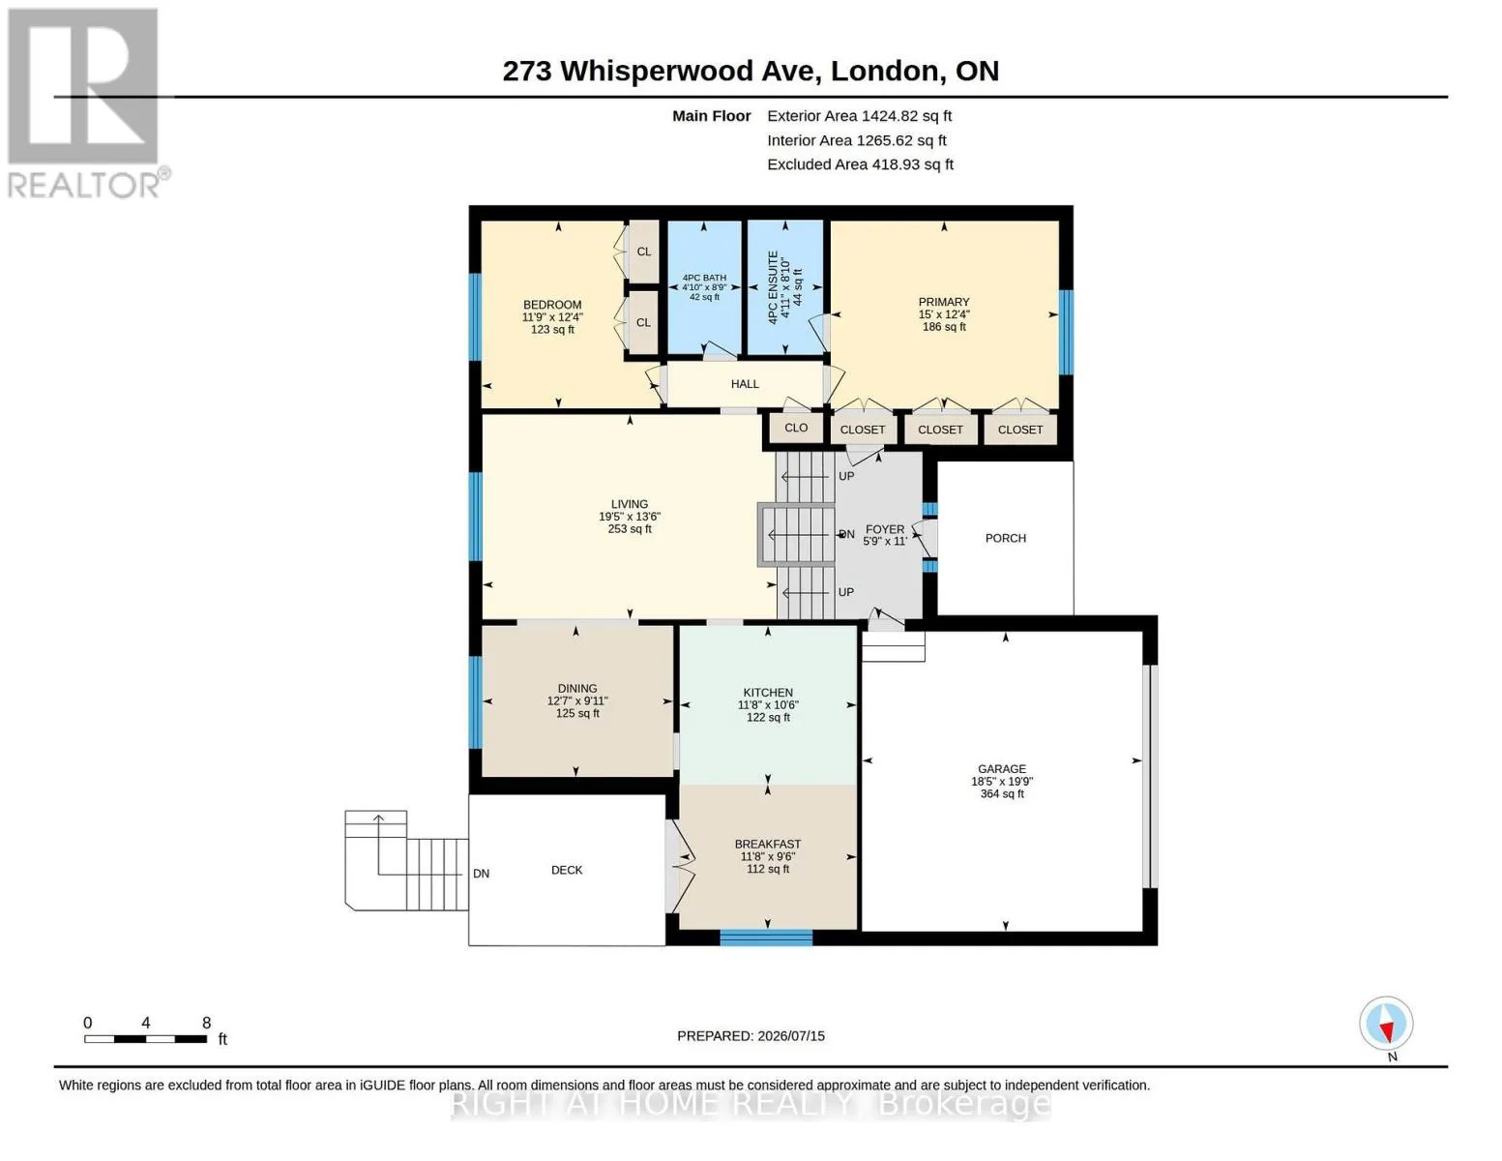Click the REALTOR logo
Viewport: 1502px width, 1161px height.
pyautogui.click(x=87, y=104)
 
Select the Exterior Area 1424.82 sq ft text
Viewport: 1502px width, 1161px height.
pyautogui.click(x=859, y=116)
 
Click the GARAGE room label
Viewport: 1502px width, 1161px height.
pyautogui.click(x=1002, y=769)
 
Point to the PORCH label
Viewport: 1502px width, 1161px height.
pyautogui.click(x=1005, y=538)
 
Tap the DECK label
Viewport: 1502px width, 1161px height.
pyautogui.click(x=567, y=870)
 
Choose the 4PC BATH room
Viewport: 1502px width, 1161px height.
pyautogui.click(x=704, y=287)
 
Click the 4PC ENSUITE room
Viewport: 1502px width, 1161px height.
pyautogui.click(x=785, y=287)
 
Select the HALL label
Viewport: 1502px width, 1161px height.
pyautogui.click(x=745, y=384)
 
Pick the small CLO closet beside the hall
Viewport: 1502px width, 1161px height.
pyautogui.click(x=796, y=428)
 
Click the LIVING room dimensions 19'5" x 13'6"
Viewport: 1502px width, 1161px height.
pyautogui.click(x=629, y=517)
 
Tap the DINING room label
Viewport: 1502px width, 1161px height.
pyautogui.click(x=577, y=688)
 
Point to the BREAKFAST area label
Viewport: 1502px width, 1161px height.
pyautogui.click(x=767, y=845)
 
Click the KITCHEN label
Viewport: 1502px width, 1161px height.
pyautogui.click(x=767, y=692)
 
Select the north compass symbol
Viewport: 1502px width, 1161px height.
pyautogui.click(x=1386, y=1024)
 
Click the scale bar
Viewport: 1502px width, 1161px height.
pyautogui.click(x=145, y=1038)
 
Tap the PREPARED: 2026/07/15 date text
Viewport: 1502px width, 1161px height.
pyautogui.click(x=751, y=1036)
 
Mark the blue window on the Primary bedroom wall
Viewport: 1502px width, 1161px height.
pyautogui.click(x=1066, y=332)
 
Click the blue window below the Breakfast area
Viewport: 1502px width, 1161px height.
pyautogui.click(x=766, y=938)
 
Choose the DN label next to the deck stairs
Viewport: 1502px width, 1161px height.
pyautogui.click(x=481, y=874)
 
